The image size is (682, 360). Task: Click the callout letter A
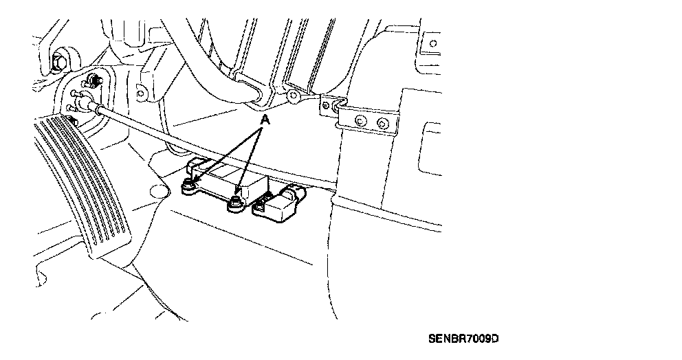click(263, 120)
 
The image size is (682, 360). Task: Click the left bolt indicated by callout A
click(188, 185)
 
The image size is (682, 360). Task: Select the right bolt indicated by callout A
click(235, 201)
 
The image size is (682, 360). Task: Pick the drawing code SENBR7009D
click(463, 339)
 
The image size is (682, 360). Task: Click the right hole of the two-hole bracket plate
click(384, 124)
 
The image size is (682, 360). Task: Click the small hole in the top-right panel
click(433, 43)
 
